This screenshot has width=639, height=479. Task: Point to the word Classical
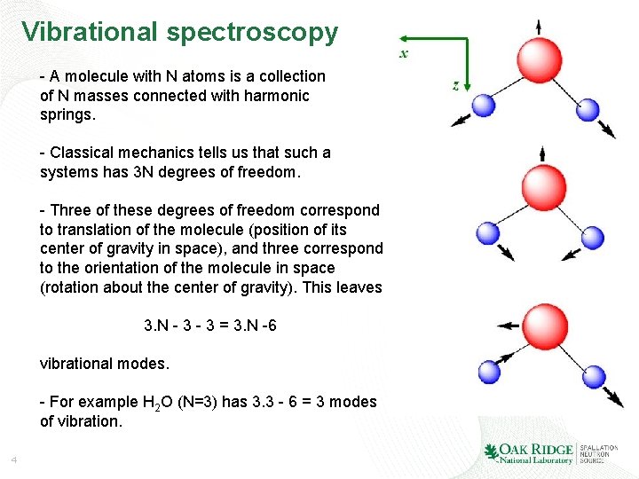pos(87,153)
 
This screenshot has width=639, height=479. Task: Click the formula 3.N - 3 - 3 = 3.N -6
pos(210,326)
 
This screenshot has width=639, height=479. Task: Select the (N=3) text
pos(201,402)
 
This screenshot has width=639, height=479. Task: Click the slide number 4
pos(13,459)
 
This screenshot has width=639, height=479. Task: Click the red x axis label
pos(405,54)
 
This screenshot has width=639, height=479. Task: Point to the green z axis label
pos(455,85)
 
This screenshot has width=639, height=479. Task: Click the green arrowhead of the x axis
pos(402,38)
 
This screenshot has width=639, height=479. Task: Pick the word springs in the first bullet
pos(67,114)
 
